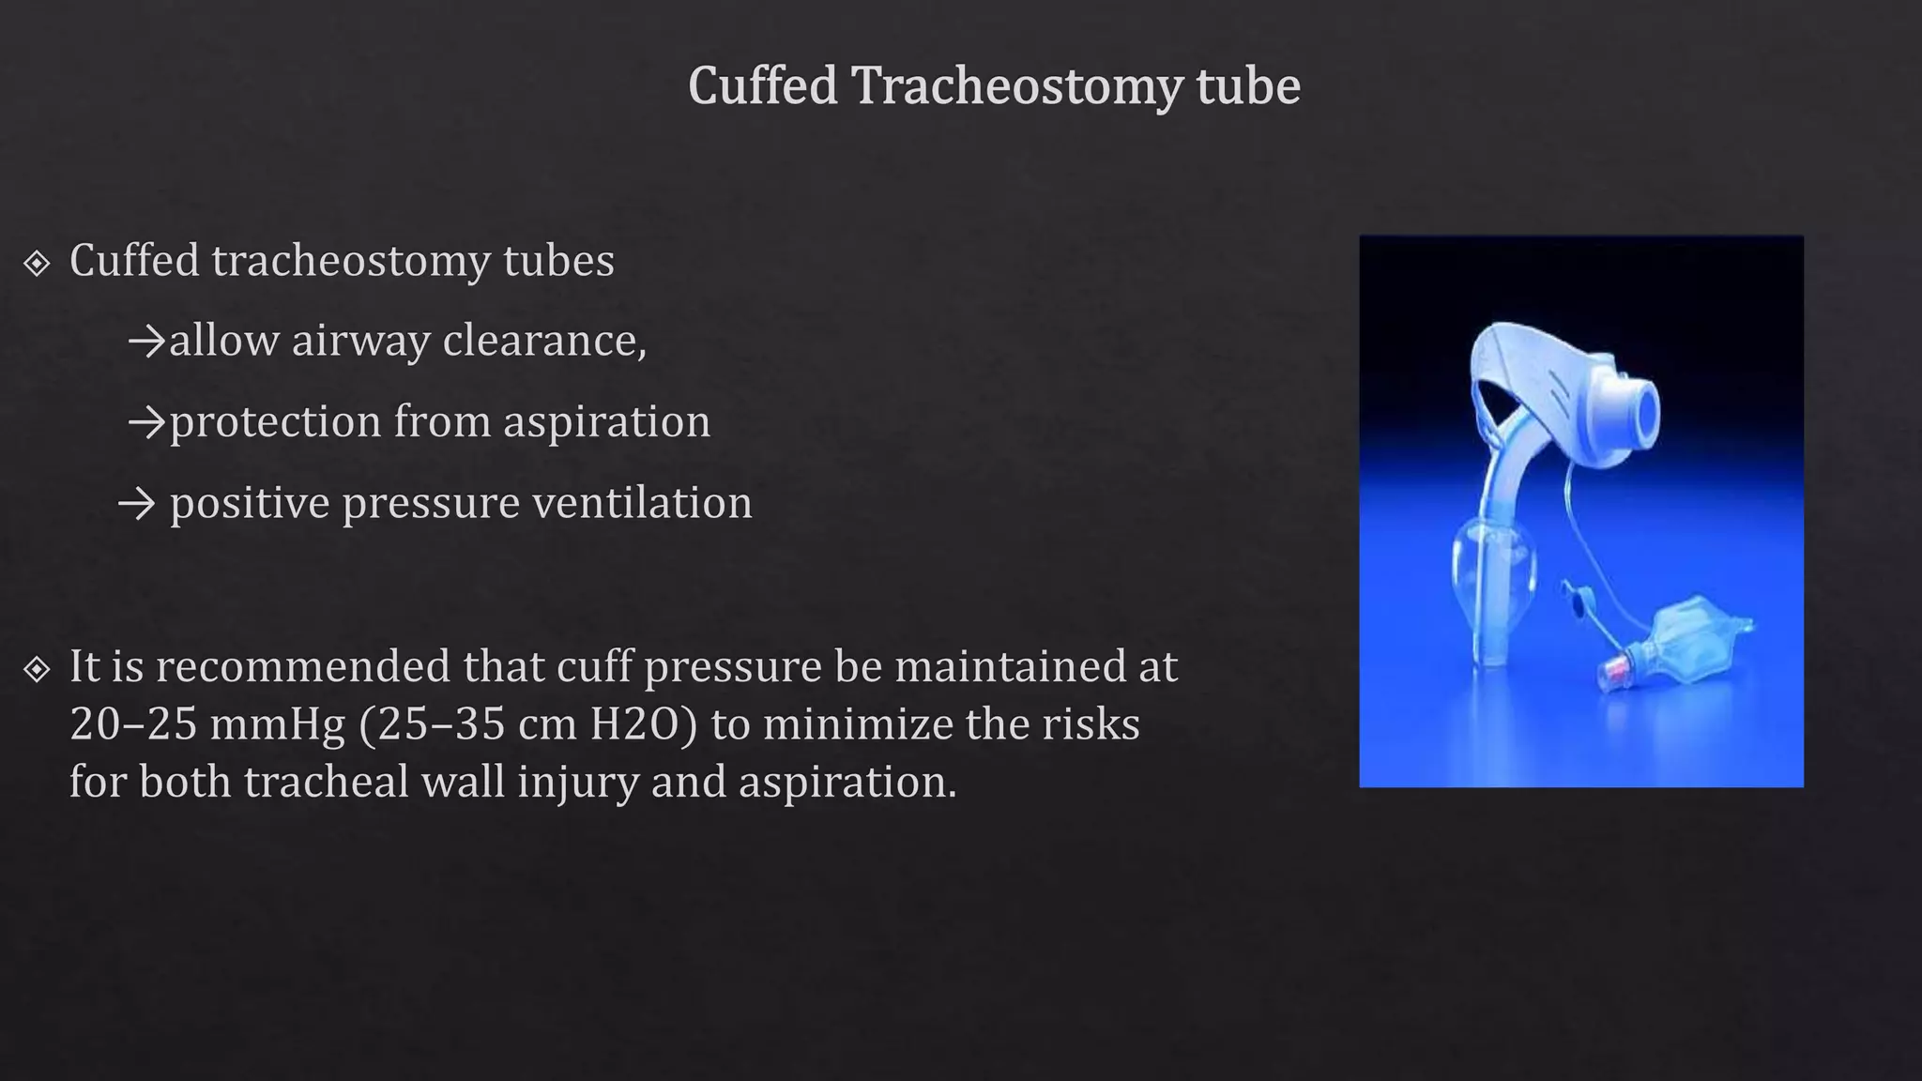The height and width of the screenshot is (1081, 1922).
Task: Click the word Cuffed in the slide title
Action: (762, 86)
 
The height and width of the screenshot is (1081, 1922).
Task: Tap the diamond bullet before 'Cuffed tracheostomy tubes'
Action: (37, 264)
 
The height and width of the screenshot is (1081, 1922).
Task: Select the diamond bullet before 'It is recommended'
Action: (37, 669)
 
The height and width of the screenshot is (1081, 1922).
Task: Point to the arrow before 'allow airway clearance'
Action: (146, 342)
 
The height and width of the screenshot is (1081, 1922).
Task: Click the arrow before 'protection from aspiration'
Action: (146, 423)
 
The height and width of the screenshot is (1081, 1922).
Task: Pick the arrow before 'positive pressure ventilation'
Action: (137, 505)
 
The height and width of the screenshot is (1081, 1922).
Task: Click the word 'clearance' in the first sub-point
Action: (544, 340)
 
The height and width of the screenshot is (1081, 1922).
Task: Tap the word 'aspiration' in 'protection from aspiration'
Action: (606, 421)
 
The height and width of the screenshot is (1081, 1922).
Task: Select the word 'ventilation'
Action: (642, 503)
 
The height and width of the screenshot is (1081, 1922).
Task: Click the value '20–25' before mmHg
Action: (133, 724)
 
